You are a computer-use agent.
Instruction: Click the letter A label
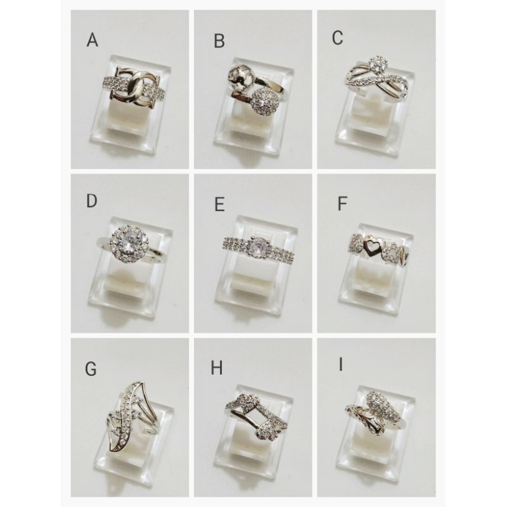tap(93, 41)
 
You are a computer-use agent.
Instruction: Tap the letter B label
tap(219, 42)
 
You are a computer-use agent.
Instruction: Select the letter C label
tap(337, 39)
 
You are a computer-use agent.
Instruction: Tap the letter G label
tap(91, 369)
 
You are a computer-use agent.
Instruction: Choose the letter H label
tap(217, 369)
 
